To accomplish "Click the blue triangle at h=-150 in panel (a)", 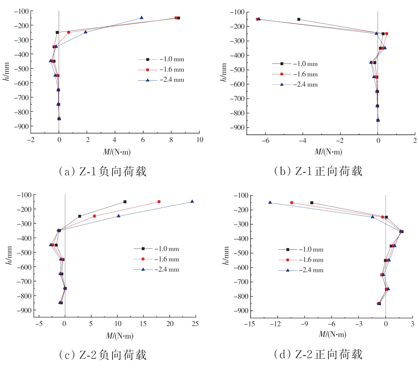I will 141,18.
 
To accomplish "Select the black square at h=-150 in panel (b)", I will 299,19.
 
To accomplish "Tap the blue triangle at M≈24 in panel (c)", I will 192,202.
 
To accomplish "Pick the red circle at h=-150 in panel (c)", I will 159,202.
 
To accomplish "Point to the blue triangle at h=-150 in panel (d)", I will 270,203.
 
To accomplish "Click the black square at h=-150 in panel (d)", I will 312,203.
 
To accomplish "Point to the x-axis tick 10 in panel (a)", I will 199,140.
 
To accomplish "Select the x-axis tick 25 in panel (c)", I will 195,324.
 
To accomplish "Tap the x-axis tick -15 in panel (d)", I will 249,324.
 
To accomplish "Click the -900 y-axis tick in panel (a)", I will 21,126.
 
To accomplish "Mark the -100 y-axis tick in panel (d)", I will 240,195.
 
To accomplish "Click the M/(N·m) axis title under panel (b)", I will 328,152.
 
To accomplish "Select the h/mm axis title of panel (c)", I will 9,256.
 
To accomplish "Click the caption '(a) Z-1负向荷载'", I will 102,171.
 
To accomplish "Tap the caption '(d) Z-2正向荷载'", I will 318,354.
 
